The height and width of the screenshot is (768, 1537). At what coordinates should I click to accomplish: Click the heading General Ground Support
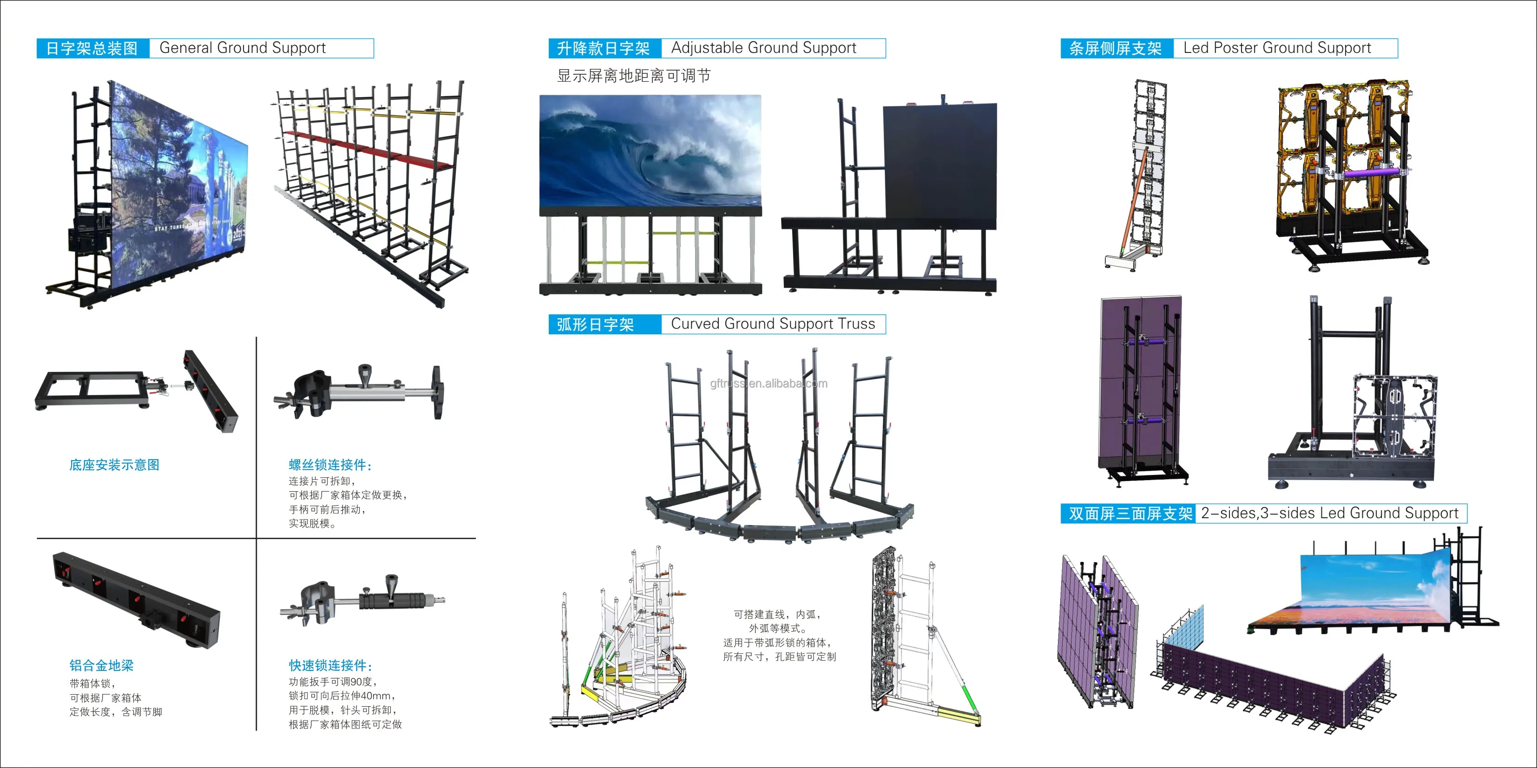[x=242, y=48]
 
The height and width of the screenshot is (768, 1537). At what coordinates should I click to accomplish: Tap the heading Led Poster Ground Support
[x=1277, y=48]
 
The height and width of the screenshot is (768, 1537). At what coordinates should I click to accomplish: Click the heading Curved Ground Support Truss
[x=773, y=324]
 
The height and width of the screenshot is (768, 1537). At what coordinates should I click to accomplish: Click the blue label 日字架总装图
[x=92, y=48]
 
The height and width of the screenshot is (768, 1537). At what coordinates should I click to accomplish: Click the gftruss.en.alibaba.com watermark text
[x=768, y=384]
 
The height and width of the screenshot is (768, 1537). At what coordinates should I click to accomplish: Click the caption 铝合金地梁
[x=101, y=665]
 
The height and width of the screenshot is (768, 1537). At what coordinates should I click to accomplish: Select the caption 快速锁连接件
[x=330, y=665]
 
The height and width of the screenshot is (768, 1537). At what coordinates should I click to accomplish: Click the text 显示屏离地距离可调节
[x=634, y=76]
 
